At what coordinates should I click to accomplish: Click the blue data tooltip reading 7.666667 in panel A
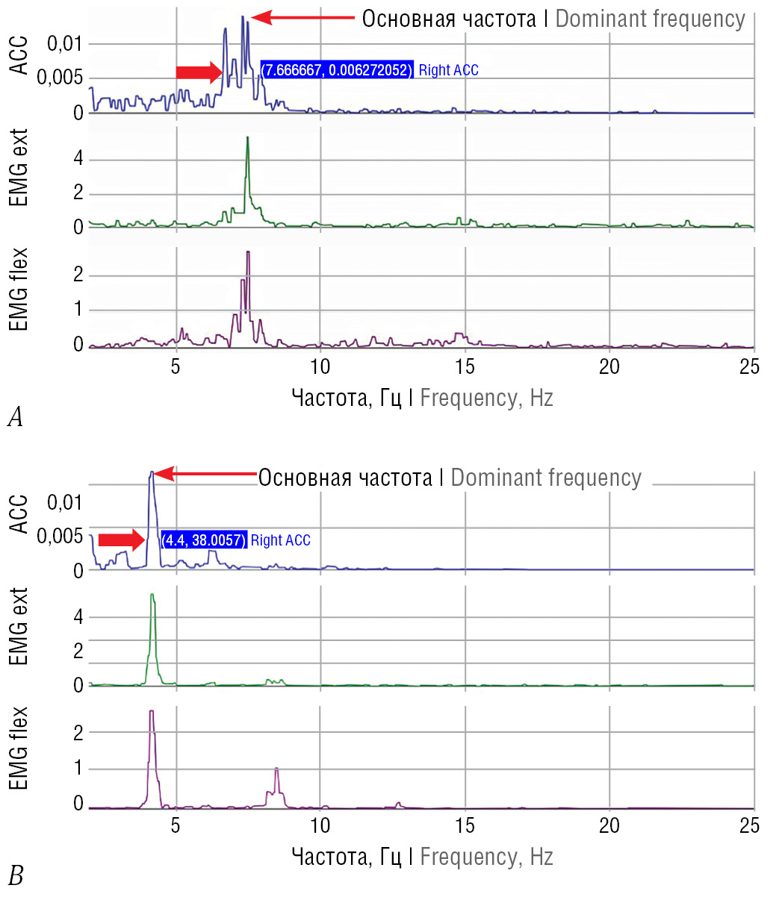click(336, 71)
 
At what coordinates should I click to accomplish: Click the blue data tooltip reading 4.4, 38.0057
click(203, 540)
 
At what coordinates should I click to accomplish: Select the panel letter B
click(15, 875)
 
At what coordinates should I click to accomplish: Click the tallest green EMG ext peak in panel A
click(247, 139)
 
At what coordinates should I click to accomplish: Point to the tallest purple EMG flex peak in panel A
click(247, 254)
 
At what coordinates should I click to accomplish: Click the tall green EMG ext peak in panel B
click(152, 596)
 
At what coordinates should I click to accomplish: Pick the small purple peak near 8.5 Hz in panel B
click(276, 769)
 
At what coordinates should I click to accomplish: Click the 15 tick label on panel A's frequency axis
click(465, 366)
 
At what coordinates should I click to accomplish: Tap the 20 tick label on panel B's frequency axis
click(609, 825)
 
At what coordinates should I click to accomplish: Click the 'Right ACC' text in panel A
click(448, 71)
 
